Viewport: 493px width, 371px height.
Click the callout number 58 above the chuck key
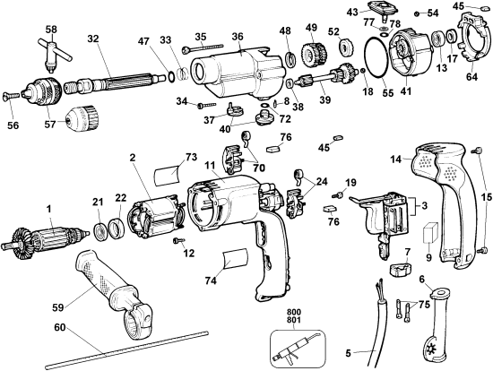point(51,30)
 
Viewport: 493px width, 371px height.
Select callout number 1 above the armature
point(51,209)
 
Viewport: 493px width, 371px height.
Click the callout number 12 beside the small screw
point(189,254)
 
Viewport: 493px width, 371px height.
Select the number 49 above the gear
point(311,27)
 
